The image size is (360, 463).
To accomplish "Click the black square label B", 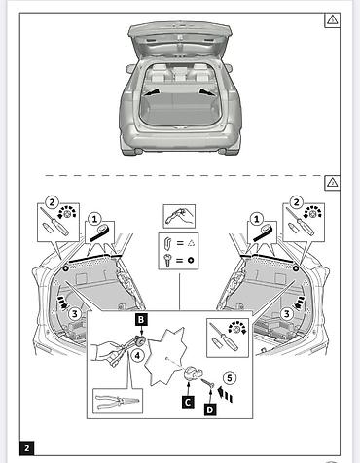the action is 141,320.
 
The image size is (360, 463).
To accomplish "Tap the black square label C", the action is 188,402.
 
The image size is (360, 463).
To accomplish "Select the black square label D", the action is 210,410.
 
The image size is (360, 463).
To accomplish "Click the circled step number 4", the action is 137,356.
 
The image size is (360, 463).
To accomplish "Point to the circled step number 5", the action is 230,378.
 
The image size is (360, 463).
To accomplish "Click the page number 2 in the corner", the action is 27,448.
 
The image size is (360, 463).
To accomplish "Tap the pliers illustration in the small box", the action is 118,402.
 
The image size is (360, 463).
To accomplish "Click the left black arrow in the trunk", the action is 152,92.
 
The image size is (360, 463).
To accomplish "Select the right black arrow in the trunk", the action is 206,92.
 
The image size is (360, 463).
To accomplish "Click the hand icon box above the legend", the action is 179,216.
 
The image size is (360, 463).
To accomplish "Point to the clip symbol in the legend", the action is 167,243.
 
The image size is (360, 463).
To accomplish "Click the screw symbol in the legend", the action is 167,260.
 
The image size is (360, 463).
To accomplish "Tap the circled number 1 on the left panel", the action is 94,219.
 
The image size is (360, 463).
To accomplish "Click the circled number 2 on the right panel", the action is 297,202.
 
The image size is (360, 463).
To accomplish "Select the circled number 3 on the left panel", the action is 75,314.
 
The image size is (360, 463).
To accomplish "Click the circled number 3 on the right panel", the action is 287,314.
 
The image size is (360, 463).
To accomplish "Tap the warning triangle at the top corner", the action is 332,20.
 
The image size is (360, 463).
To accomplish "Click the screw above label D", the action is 207,383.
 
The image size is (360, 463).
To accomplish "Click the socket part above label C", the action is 191,374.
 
